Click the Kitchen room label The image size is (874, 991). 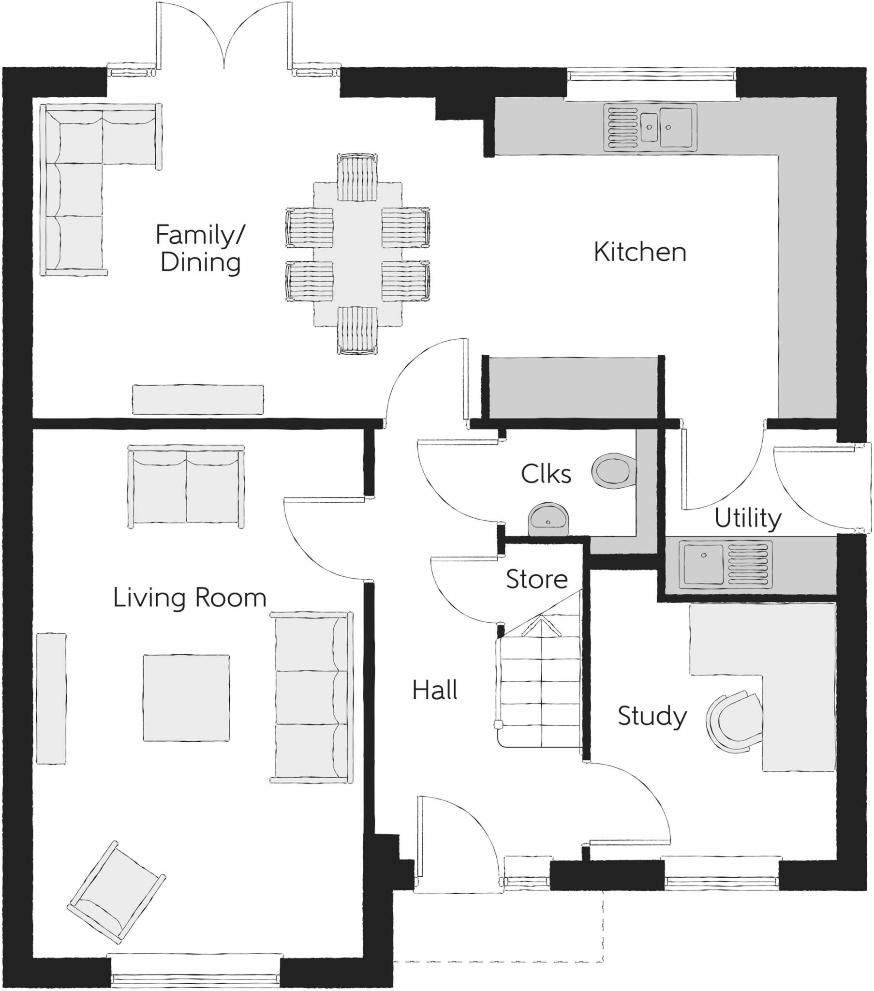point(639,252)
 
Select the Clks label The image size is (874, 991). point(545,474)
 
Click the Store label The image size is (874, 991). point(536,579)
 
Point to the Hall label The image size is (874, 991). point(434,690)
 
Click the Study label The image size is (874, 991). point(652,716)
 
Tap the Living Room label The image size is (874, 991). point(190,598)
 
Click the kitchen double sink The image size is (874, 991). point(650,127)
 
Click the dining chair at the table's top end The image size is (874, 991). point(357,178)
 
